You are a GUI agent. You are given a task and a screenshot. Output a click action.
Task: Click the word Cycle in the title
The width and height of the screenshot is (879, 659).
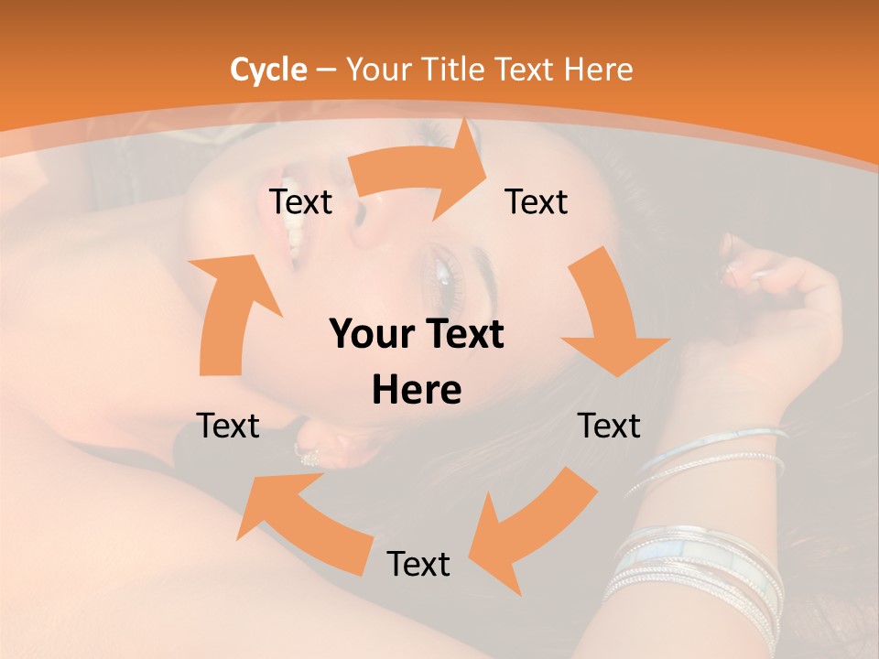267,70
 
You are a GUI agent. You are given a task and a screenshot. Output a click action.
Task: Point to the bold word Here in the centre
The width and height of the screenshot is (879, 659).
417,390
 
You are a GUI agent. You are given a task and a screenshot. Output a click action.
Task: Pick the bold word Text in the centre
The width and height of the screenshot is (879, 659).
463,335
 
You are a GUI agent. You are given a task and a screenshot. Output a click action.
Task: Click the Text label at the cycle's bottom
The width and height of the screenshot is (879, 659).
418,564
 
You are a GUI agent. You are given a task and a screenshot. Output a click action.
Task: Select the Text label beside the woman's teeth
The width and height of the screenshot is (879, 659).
300,201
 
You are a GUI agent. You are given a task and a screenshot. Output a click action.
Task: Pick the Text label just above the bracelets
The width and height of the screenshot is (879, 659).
609,426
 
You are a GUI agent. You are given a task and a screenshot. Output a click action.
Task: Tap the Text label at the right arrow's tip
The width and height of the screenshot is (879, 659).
537,201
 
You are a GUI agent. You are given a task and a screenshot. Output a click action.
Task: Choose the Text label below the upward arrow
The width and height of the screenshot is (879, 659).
228,426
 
